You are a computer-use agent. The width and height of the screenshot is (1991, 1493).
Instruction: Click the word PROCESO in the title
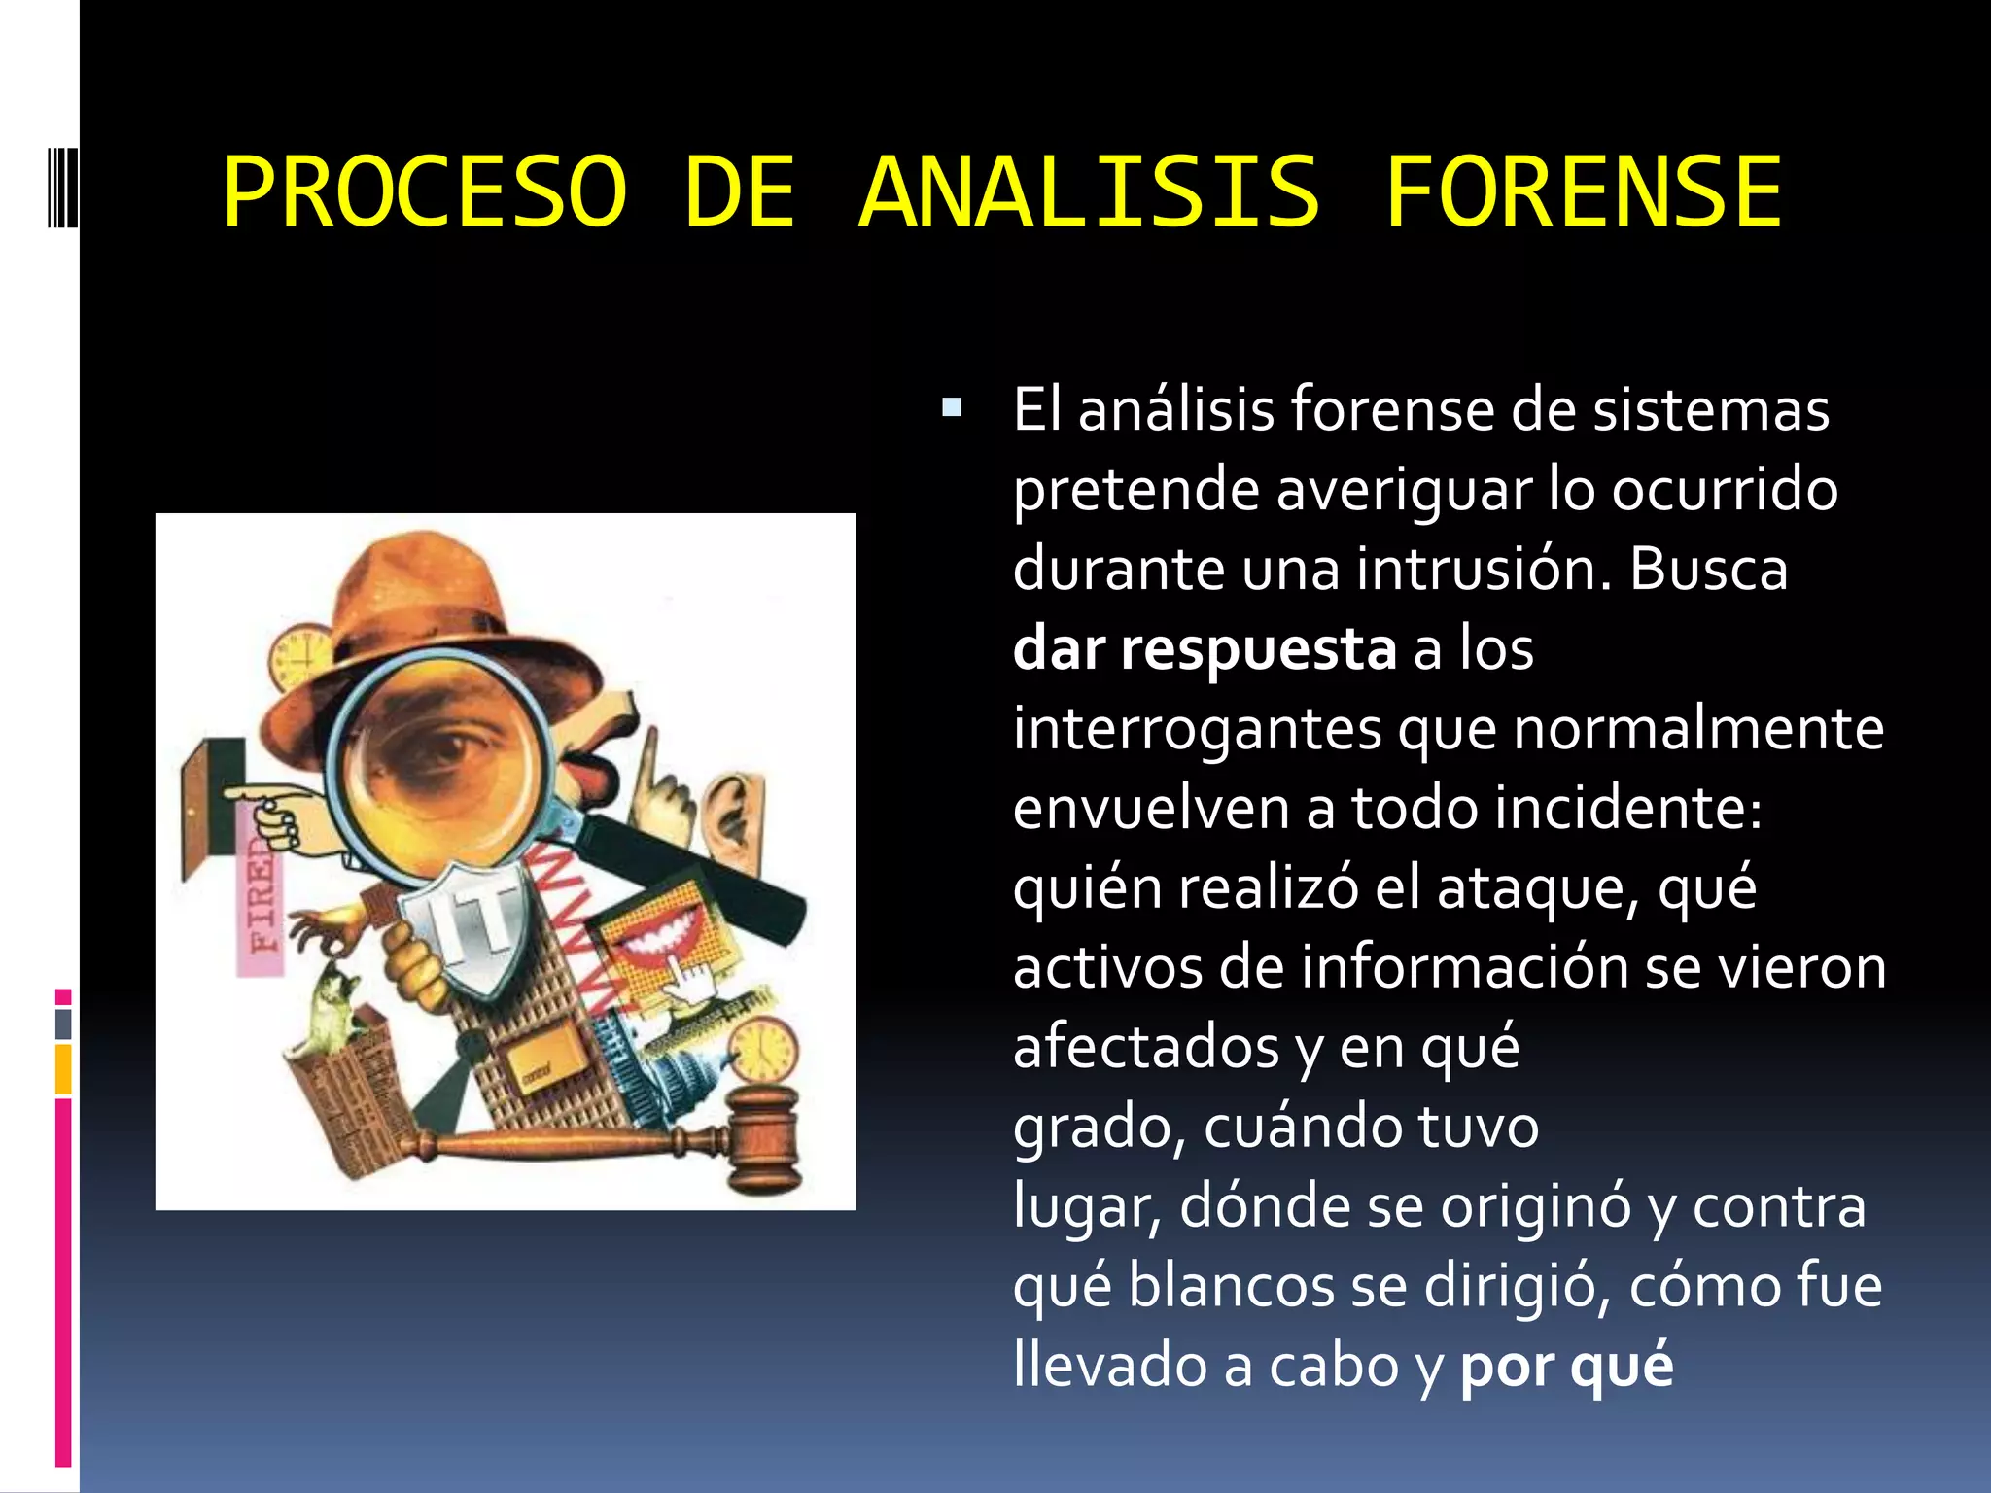(x=425, y=192)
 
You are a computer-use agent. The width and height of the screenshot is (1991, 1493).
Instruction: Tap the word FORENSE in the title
(x=1583, y=192)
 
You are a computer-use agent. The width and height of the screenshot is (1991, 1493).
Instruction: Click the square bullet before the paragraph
(x=952, y=407)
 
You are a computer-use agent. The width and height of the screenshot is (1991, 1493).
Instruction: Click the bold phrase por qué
(x=1566, y=1365)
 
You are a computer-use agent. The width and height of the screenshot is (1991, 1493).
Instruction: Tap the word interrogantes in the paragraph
(x=1197, y=728)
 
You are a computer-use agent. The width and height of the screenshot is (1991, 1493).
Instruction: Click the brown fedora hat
(x=428, y=612)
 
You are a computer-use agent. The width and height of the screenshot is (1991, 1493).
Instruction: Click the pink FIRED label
(x=261, y=894)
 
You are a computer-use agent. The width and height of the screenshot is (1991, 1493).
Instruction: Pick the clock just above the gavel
(x=764, y=1050)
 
